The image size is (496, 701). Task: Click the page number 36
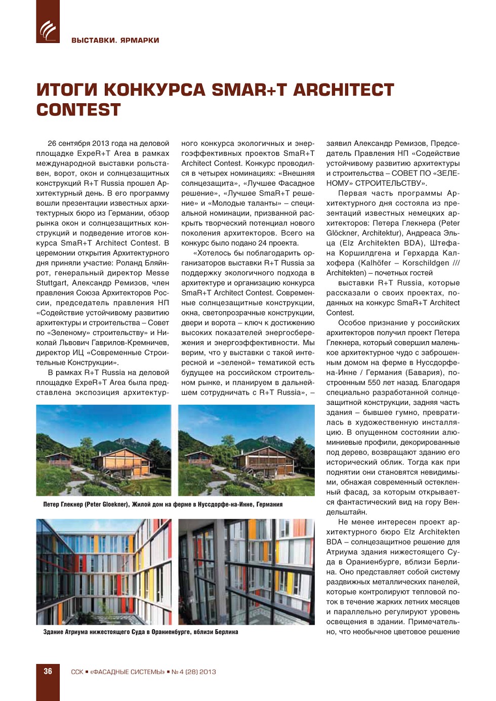coord(48,671)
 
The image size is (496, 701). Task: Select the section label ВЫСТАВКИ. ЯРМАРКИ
coord(115,40)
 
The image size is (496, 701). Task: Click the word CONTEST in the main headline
coord(78,110)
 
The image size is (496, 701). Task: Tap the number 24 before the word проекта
coord(262,243)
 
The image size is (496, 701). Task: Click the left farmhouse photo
coord(104,450)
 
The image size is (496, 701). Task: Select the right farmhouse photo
coord(246,450)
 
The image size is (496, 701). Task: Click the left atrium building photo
coord(104,571)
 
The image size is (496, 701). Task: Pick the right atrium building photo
coord(246,571)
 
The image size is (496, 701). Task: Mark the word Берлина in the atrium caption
coord(226,632)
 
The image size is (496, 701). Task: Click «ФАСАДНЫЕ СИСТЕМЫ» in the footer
coord(128,672)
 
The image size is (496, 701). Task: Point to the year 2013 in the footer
coord(208,672)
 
